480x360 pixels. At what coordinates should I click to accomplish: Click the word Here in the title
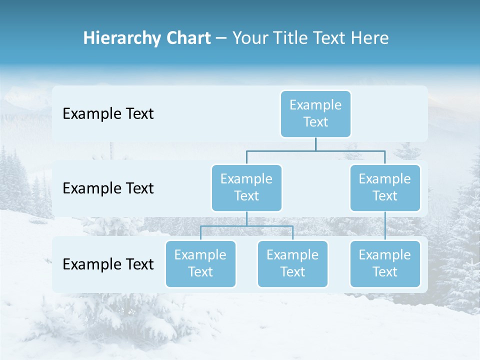coord(369,38)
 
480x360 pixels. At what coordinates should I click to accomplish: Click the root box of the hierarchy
coord(315,114)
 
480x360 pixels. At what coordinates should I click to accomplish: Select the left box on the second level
coord(246,187)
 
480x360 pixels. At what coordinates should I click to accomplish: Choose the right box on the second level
coord(385,187)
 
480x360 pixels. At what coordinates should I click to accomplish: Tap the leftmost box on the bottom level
coord(200,263)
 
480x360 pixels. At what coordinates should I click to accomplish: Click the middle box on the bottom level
coord(292,263)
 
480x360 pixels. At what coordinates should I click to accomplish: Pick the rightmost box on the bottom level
coord(385,263)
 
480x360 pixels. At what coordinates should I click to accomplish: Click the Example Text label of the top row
coord(108,114)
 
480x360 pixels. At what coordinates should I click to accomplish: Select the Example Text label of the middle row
coord(108,188)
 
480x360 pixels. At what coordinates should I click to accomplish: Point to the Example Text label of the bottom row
coord(108,264)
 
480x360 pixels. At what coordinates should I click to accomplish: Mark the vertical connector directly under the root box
coord(315,144)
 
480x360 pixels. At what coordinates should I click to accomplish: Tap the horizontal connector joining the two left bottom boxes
coord(246,226)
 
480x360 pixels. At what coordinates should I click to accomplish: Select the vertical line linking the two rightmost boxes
coord(385,226)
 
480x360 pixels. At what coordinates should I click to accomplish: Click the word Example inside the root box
coord(315,105)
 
